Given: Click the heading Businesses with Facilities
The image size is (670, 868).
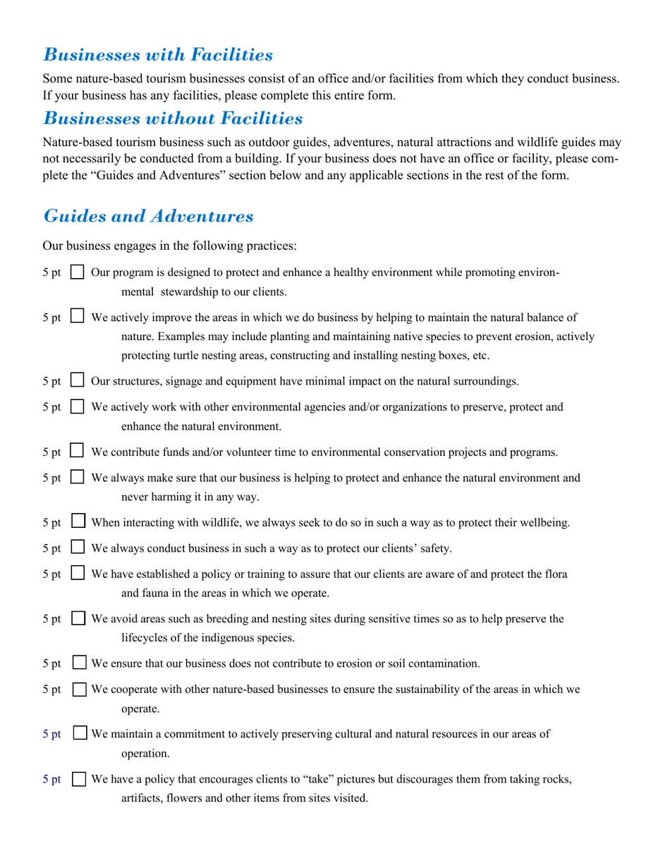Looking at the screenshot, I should tap(158, 54).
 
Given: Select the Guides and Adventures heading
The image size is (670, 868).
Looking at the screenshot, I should tap(148, 216).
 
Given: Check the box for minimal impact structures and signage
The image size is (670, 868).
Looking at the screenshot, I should tap(79, 382).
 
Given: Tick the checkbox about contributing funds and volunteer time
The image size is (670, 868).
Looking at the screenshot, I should tap(79, 452).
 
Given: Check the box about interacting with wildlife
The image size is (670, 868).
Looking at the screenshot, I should tap(80, 523).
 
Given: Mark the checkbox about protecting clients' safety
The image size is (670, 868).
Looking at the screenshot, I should tap(79, 548).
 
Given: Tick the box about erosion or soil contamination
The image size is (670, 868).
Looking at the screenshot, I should tap(80, 663).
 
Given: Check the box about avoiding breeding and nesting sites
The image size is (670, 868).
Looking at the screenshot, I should tap(79, 620).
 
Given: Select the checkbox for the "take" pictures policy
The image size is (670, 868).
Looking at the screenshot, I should tap(80, 780).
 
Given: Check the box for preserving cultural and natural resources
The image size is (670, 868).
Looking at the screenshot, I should tap(80, 735).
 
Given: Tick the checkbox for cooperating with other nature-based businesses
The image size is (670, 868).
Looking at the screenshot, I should tap(80, 689).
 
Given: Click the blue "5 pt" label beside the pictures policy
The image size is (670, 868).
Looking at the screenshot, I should tap(51, 780).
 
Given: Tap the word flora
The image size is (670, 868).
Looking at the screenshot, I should tap(554, 574).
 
